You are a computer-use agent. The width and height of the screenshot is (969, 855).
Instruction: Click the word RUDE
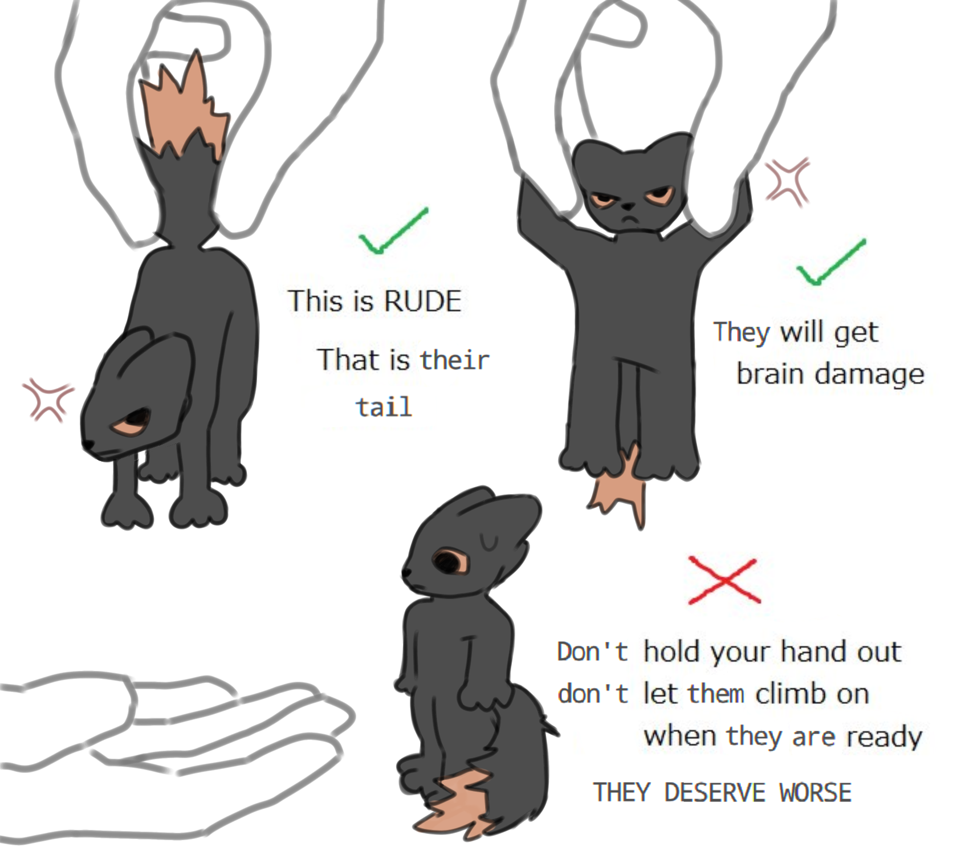point(422,301)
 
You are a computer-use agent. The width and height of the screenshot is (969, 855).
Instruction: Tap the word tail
point(384,407)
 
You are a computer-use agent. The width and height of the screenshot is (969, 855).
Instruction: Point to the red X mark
point(724,580)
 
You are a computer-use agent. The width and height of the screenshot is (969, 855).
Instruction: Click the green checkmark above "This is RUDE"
point(393,230)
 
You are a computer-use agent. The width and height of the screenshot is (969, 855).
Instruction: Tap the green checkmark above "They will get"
point(831,262)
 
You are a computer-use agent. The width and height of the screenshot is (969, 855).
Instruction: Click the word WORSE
point(815,793)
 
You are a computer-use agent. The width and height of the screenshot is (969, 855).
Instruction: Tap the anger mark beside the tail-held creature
point(48,398)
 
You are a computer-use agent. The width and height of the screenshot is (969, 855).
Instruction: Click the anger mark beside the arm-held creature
point(787,181)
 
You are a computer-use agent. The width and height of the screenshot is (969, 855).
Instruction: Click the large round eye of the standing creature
point(449,562)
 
